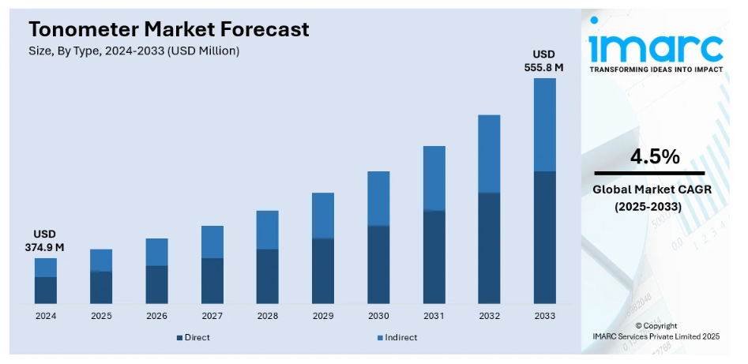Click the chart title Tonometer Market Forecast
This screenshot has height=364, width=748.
tap(169, 30)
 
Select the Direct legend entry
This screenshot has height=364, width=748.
tap(194, 337)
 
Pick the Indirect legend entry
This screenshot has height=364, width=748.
tap(397, 337)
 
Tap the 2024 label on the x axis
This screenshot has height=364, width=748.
tap(46, 316)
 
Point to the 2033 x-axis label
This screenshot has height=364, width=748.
tap(544, 316)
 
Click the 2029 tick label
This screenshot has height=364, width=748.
tap(322, 316)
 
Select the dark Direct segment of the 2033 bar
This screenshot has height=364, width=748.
tap(544, 237)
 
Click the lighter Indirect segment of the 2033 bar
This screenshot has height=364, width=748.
tap(544, 125)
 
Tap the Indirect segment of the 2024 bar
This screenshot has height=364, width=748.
tap(46, 268)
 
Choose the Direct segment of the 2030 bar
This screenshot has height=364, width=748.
tap(378, 265)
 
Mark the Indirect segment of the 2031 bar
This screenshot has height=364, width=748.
tap(434, 178)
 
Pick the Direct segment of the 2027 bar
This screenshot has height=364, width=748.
tap(212, 280)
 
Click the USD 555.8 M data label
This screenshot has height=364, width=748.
tap(544, 61)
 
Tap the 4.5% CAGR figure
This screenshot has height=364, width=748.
tap(654, 156)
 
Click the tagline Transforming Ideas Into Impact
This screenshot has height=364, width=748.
tap(656, 69)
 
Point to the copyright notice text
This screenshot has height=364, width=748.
tap(656, 331)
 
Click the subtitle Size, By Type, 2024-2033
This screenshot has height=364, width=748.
tap(133, 51)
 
